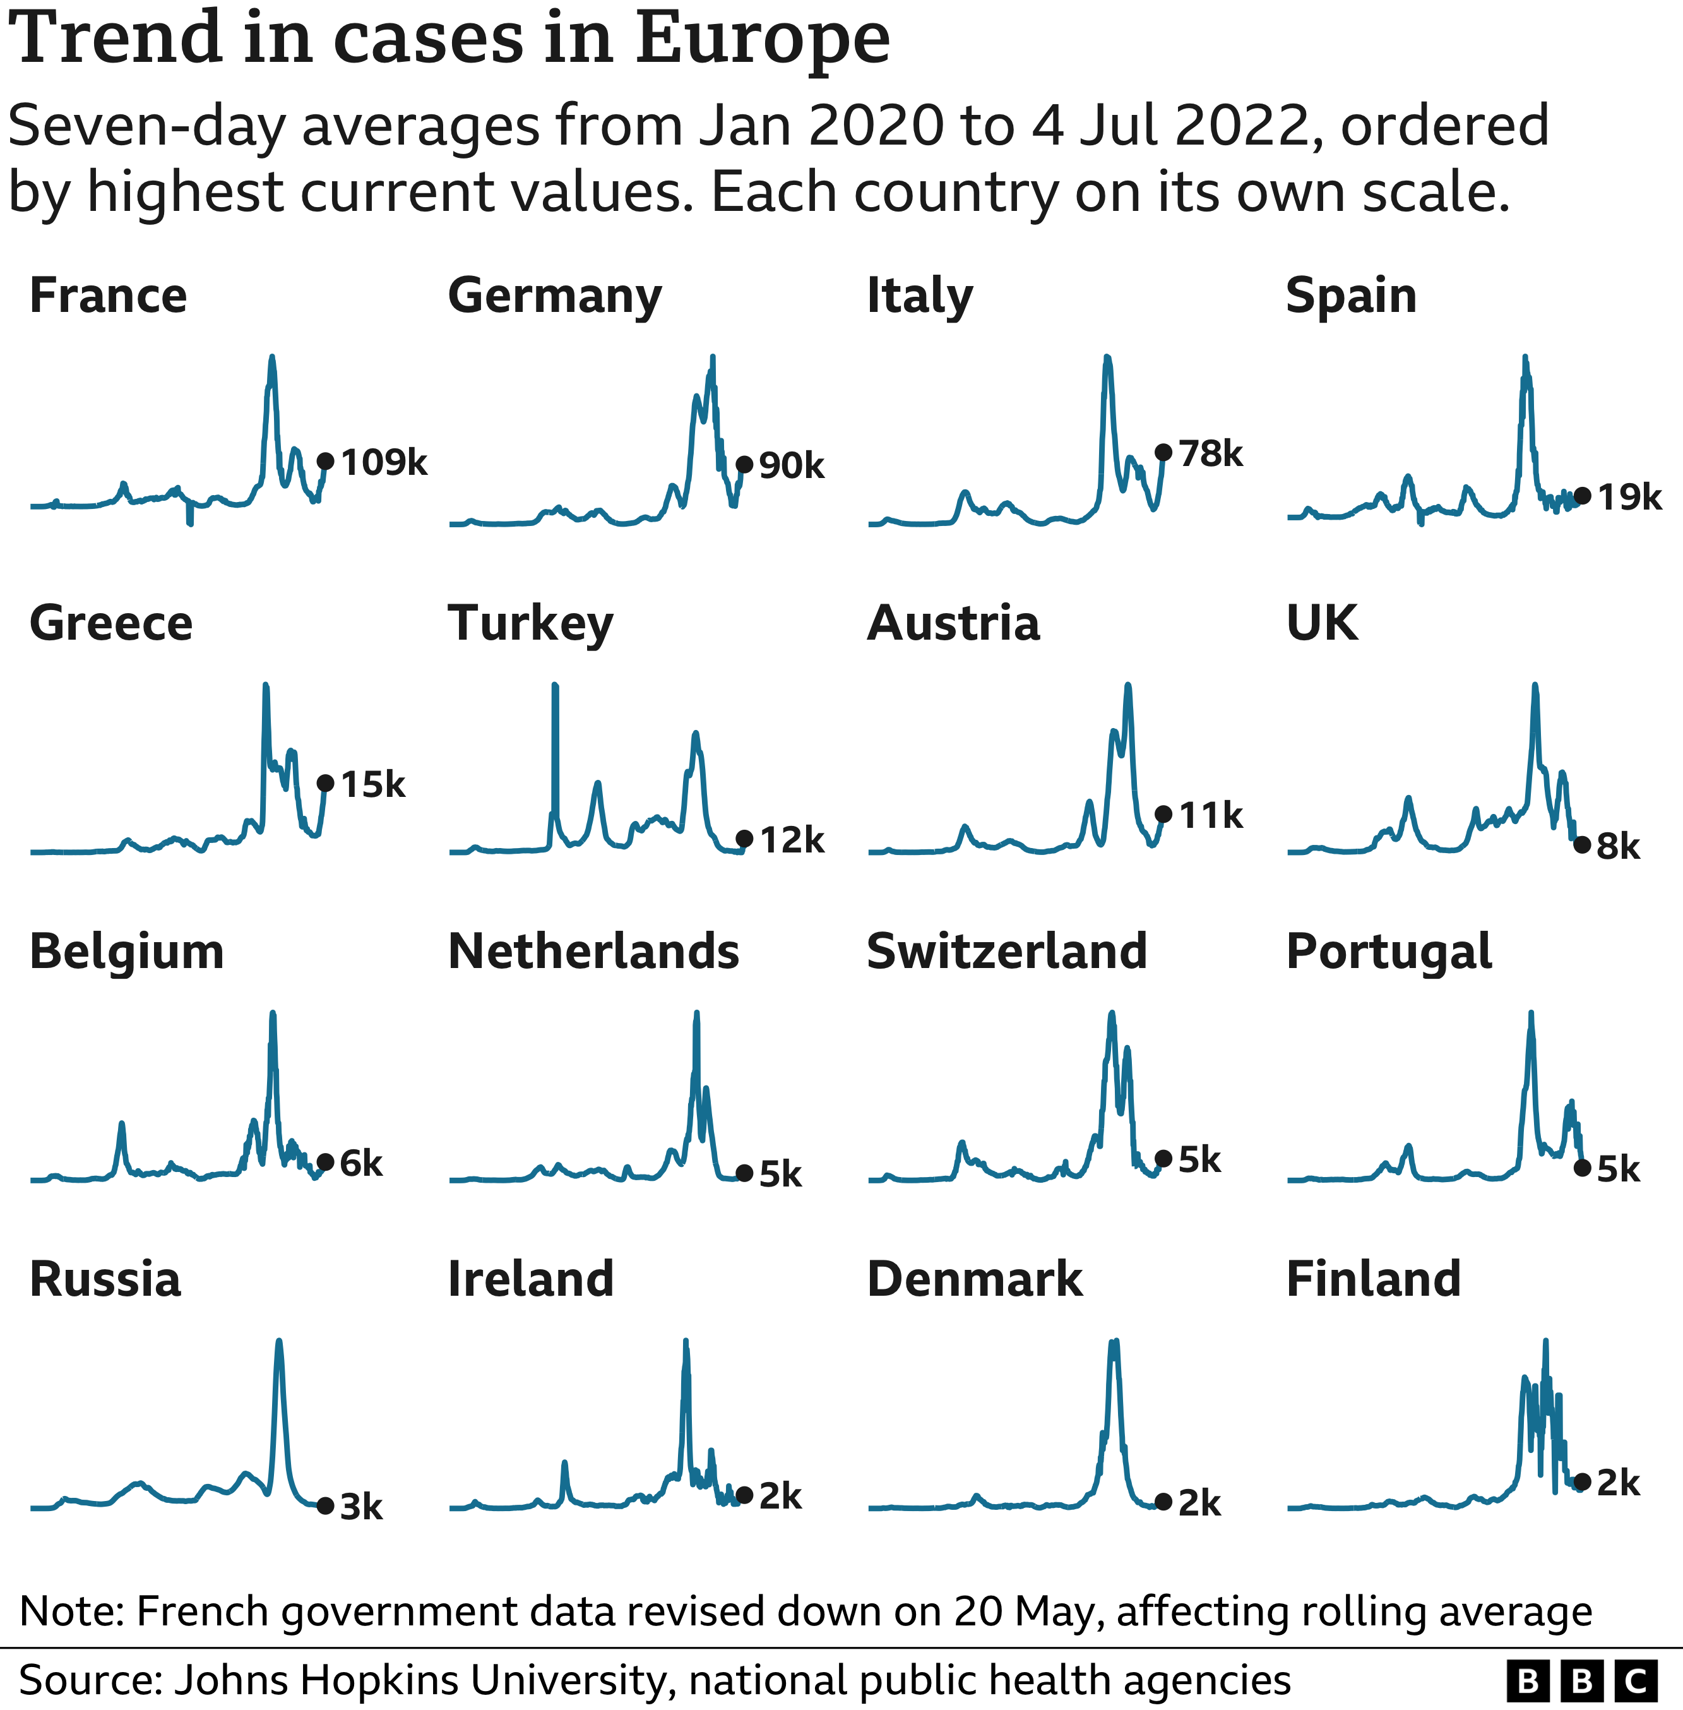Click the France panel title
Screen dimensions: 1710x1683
pyautogui.click(x=108, y=296)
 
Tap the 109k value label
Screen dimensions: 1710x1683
pyautogui.click(x=384, y=462)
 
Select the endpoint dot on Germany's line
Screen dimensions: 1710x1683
pyautogui.click(x=744, y=464)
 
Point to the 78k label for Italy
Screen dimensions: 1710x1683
pyautogui.click(x=1210, y=453)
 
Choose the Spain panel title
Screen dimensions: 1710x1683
pyautogui.click(x=1351, y=296)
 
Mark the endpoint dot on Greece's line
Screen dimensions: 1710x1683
pyautogui.click(x=325, y=784)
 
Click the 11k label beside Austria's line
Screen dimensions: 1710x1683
pyautogui.click(x=1210, y=815)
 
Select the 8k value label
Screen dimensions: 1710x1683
pyautogui.click(x=1617, y=846)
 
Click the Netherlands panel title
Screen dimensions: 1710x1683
pyautogui.click(x=593, y=952)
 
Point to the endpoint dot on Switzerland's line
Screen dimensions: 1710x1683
pyautogui.click(x=1163, y=1158)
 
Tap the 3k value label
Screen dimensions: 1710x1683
pyautogui.click(x=360, y=1507)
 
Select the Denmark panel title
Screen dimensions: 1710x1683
pyautogui.click(x=974, y=1279)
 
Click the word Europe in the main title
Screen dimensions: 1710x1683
pyautogui.click(x=762, y=39)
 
